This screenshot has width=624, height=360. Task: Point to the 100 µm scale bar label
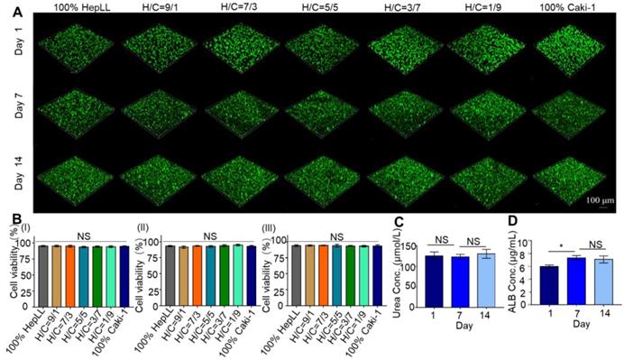point(599,198)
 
